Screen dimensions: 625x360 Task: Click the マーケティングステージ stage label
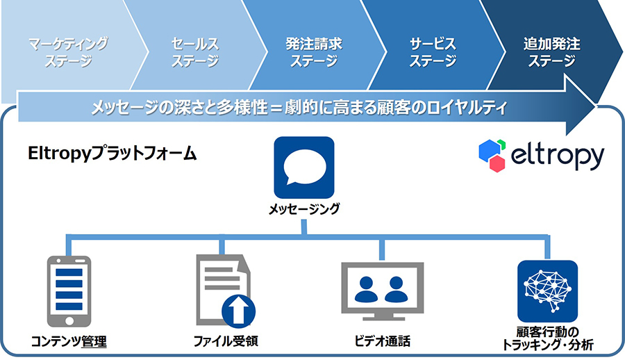click(x=68, y=52)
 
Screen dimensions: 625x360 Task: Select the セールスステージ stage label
click(x=195, y=52)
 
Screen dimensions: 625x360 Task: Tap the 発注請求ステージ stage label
click(x=314, y=52)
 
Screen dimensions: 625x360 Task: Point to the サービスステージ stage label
click(x=433, y=52)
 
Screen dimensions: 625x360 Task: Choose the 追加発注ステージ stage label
click(x=552, y=52)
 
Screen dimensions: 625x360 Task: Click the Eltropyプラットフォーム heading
click(x=112, y=154)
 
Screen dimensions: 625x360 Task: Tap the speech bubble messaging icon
click(x=304, y=167)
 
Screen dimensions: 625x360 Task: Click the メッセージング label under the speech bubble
click(x=304, y=209)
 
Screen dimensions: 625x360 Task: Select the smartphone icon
click(x=69, y=291)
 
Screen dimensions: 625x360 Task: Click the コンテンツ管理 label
click(x=69, y=342)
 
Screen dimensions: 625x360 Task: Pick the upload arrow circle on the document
click(x=238, y=311)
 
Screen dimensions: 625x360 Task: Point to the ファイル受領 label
click(x=226, y=341)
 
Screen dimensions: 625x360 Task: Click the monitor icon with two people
click(x=383, y=291)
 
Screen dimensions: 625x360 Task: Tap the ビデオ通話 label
click(x=383, y=341)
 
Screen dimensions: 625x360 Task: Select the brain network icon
click(x=548, y=291)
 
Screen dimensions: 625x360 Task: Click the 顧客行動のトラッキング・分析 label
click(x=548, y=338)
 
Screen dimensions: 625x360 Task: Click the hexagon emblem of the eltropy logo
click(x=492, y=156)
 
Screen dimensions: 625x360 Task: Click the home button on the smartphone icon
click(x=69, y=320)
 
